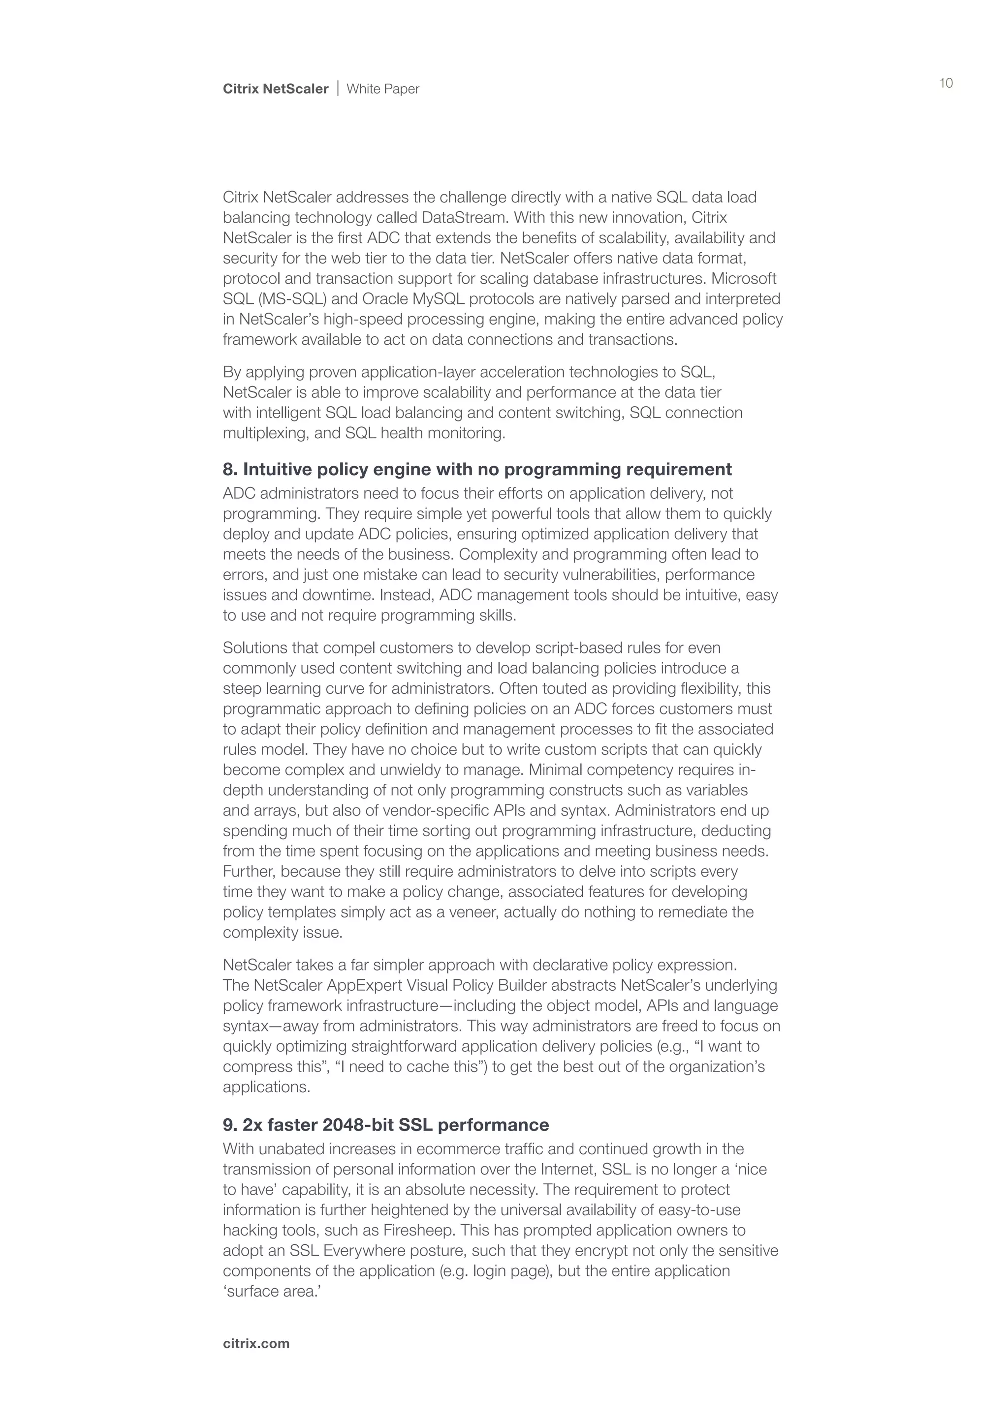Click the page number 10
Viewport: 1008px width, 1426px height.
[x=946, y=83]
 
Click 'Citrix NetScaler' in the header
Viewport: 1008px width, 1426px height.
[x=276, y=89]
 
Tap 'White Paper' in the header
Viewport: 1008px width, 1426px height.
[x=382, y=89]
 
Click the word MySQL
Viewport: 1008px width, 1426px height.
[x=441, y=299]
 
